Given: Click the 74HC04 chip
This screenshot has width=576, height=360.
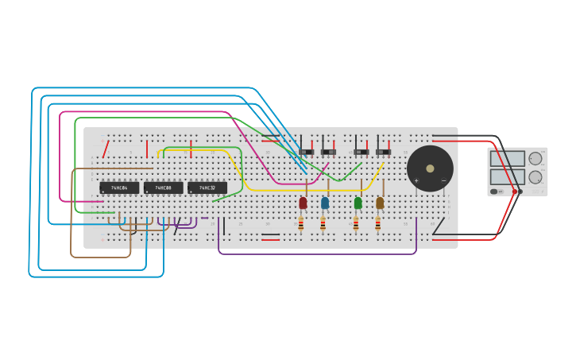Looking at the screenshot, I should click(x=119, y=188).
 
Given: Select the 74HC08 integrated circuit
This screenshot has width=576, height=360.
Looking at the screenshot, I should click(x=164, y=188).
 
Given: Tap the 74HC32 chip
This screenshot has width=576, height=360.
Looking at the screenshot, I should click(x=207, y=188).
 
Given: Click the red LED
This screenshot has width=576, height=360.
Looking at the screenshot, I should click(x=303, y=203).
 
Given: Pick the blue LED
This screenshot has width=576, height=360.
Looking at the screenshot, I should click(x=325, y=203).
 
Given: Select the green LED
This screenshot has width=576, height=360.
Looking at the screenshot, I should click(x=358, y=203).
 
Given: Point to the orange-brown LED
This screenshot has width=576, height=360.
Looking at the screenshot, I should click(x=380, y=203).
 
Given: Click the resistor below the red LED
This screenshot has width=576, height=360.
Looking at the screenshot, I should click(x=301, y=224).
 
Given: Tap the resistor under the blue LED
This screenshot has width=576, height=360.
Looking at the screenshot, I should click(x=323, y=224).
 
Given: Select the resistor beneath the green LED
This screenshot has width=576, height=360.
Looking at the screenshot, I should click(x=356, y=224).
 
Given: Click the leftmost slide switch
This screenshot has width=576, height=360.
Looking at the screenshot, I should click(x=307, y=152).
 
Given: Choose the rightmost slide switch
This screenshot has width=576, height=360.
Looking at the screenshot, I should click(x=383, y=152).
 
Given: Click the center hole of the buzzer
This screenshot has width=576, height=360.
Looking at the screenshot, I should click(x=430, y=168).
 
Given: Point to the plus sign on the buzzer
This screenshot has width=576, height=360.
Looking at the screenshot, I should click(x=416, y=180).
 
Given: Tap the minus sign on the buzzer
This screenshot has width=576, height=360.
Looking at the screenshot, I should click(x=443, y=180).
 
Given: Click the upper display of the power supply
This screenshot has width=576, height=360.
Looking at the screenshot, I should click(x=507, y=159).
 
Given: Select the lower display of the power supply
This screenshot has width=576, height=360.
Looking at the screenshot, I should click(x=507, y=176).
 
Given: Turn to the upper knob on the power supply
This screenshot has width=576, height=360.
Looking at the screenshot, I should click(x=535, y=159).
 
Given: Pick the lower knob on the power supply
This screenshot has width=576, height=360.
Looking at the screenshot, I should click(x=535, y=177).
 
